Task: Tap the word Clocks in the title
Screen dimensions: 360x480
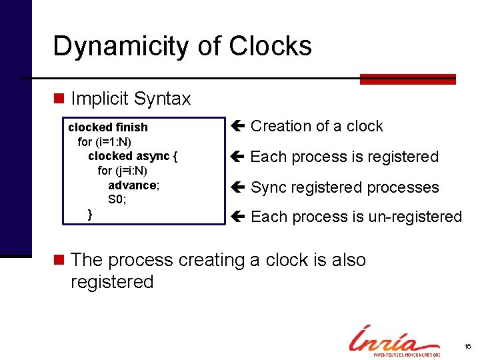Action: pyautogui.click(x=270, y=47)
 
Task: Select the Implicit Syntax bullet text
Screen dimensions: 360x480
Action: pyautogui.click(x=131, y=99)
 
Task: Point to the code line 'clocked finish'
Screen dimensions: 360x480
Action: pyautogui.click(x=108, y=127)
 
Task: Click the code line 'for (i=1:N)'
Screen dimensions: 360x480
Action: pyautogui.click(x=105, y=141)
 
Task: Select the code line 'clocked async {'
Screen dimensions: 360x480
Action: pyautogui.click(x=133, y=156)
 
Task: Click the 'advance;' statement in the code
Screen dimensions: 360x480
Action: pyautogui.click(x=134, y=185)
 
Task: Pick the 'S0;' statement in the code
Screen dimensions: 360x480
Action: pyautogui.click(x=117, y=199)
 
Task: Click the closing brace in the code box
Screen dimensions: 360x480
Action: pyautogui.click(x=91, y=213)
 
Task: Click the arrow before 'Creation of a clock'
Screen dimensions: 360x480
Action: pyautogui.click(x=238, y=126)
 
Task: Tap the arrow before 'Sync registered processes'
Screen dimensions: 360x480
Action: pyautogui.click(x=238, y=187)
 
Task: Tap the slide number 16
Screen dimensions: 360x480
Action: pyautogui.click(x=467, y=347)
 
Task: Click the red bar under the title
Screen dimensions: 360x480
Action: pyautogui.click(x=407, y=79)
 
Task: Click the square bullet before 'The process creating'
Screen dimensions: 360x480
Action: pyautogui.click(x=59, y=260)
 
